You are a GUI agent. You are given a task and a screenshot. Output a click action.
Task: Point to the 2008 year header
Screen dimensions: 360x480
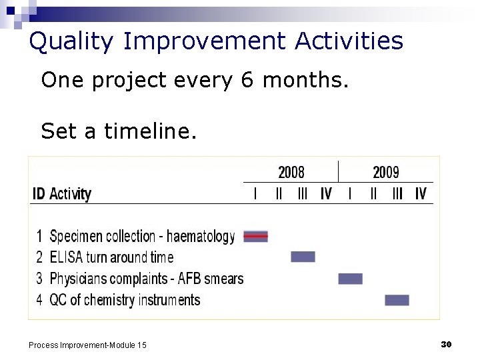click(x=291, y=173)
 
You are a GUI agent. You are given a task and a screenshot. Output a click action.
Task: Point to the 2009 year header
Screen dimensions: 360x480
click(x=385, y=173)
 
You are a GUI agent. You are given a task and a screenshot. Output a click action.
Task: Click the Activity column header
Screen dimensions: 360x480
click(x=70, y=194)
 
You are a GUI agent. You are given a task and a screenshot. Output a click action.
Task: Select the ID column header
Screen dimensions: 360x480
click(x=39, y=194)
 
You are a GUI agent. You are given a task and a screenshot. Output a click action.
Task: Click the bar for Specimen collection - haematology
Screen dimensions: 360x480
click(x=255, y=236)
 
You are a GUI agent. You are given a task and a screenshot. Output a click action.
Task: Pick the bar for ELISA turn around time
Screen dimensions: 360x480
click(x=303, y=257)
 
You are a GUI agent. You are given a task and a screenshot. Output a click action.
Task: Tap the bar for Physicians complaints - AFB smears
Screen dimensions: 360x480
click(x=350, y=279)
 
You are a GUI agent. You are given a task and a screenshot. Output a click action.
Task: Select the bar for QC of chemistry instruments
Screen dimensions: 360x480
click(x=397, y=300)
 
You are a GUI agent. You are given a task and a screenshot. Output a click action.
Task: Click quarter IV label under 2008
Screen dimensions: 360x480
click(x=326, y=194)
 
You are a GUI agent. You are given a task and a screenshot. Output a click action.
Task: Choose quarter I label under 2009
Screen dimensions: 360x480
click(x=349, y=194)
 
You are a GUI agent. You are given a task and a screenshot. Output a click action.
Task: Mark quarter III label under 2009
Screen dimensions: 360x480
click(x=397, y=194)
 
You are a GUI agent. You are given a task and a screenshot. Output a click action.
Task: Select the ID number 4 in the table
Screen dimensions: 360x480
click(x=40, y=300)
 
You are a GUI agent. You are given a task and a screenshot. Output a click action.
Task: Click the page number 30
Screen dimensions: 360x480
click(x=447, y=344)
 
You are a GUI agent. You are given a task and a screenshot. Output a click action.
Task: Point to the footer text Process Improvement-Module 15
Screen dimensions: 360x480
click(x=87, y=345)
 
